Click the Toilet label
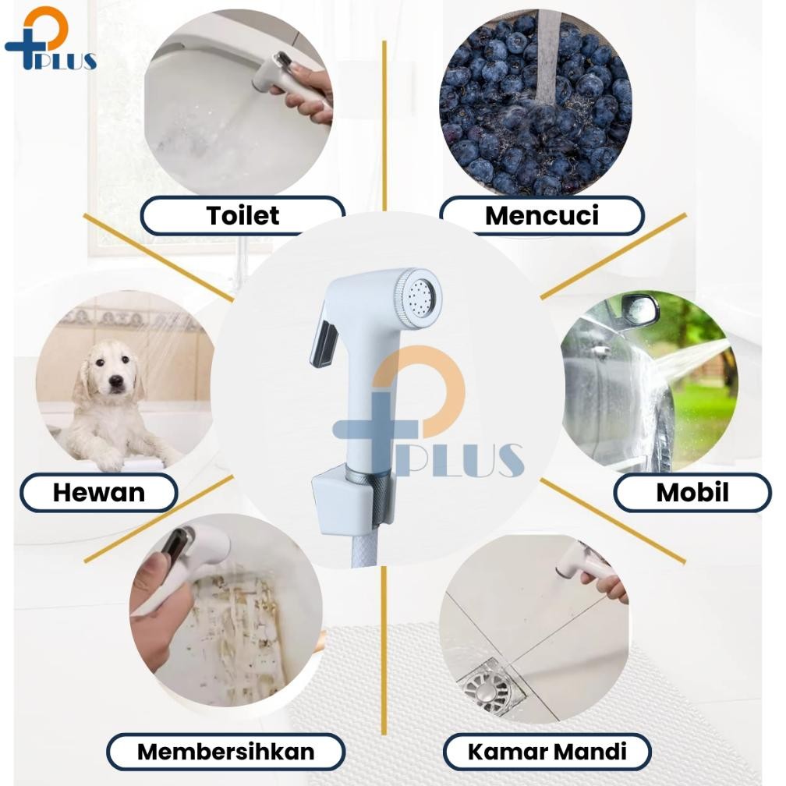coord(243,215)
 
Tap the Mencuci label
coord(541,215)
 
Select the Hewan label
coord(98,493)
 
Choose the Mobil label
coord(692,493)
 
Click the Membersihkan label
coord(225,752)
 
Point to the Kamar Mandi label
coord(547,752)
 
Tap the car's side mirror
coord(640,310)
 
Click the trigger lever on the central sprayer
coord(324,342)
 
